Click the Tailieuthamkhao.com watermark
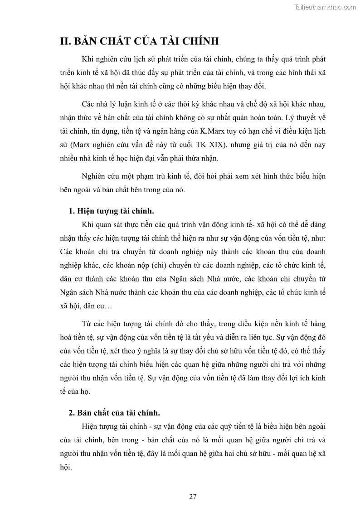point(325,7)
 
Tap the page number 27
point(193,496)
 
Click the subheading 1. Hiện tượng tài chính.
point(111,211)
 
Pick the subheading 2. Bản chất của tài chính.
point(114,413)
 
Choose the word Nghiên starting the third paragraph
point(94,176)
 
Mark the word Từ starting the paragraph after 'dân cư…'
point(87,325)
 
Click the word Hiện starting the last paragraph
point(90,427)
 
